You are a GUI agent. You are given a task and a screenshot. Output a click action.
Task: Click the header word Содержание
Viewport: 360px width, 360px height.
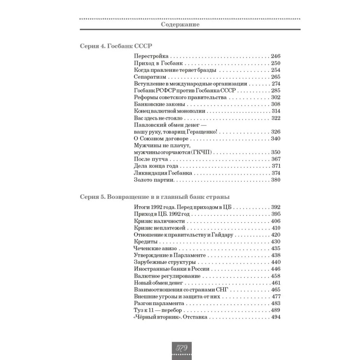(x=180, y=25)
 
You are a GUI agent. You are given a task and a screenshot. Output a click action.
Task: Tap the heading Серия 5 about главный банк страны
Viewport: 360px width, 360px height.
(x=154, y=196)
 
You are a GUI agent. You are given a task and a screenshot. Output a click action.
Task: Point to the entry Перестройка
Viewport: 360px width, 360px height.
(x=151, y=56)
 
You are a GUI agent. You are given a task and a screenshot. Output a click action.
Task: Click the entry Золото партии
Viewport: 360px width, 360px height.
(x=153, y=180)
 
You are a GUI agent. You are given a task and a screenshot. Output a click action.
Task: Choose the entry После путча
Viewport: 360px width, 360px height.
(x=151, y=160)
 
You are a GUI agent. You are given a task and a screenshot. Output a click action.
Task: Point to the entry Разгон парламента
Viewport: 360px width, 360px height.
(x=158, y=304)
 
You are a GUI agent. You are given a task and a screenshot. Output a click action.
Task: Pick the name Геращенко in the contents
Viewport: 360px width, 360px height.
(x=200, y=132)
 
